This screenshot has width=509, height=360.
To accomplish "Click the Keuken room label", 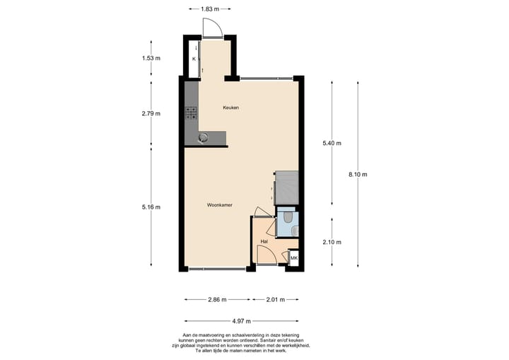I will click(230, 108).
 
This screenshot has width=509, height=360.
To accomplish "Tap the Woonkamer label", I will click(220, 205).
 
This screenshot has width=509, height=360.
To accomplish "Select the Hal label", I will click(264, 241).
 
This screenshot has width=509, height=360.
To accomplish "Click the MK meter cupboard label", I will click(294, 260).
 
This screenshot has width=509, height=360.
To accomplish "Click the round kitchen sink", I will click(204, 137).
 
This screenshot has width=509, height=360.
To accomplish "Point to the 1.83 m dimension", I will click(206, 8).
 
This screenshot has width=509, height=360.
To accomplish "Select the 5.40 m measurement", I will click(332, 143).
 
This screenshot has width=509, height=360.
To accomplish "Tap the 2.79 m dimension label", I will click(151, 113).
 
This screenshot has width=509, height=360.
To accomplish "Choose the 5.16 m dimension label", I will click(151, 207).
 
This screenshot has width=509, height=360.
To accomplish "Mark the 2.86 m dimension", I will click(217, 299).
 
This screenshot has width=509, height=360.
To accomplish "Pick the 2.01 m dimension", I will click(276, 299).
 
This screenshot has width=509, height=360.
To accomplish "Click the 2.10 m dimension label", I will click(332, 242).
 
